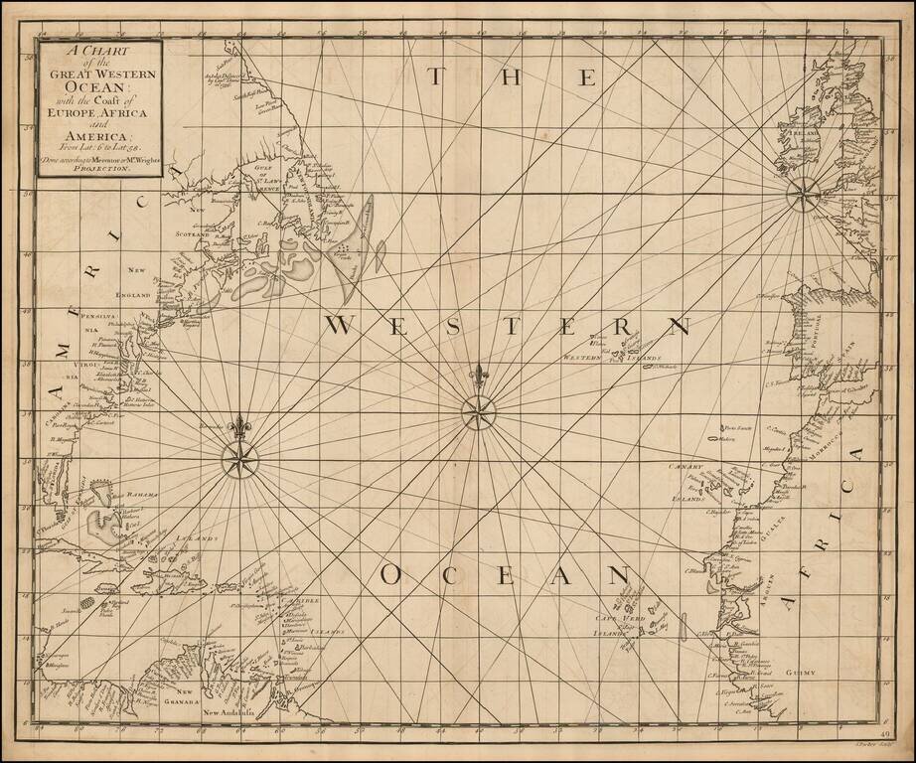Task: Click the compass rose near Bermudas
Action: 238,459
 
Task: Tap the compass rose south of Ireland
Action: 802,194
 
